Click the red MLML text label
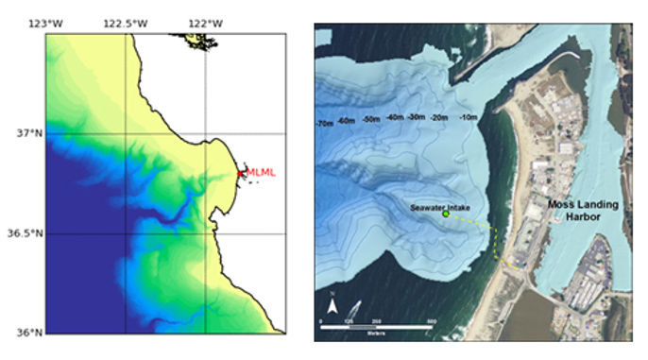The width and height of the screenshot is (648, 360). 262,172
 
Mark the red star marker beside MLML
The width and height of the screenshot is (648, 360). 241,173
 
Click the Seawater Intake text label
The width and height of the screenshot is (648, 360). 442,205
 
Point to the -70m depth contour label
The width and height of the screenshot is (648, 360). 324,123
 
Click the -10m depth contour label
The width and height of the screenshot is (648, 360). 466,117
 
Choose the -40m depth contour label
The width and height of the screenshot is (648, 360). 394,118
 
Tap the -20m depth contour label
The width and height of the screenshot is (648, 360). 439,117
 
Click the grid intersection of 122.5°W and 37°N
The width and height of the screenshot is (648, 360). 127,133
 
